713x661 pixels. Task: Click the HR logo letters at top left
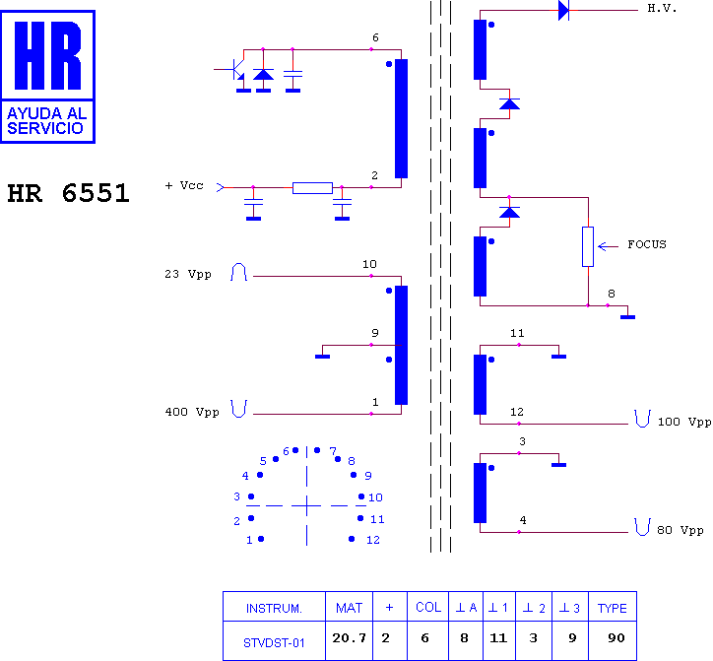(x=47, y=55)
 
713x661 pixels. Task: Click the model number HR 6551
(x=69, y=193)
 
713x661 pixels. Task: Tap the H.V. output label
(x=662, y=9)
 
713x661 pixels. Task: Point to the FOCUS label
(x=647, y=244)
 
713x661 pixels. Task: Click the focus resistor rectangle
(x=588, y=246)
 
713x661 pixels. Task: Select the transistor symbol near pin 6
(x=235, y=70)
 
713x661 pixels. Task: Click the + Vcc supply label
(x=184, y=185)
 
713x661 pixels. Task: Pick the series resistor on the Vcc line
(x=312, y=188)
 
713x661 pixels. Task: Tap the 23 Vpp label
(x=188, y=274)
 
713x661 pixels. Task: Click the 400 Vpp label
(x=192, y=412)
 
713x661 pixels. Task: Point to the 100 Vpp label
(x=684, y=422)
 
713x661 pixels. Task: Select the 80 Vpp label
(x=681, y=530)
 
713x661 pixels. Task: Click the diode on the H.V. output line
(x=564, y=10)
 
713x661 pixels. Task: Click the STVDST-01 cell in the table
(x=274, y=643)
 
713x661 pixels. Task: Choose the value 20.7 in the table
(x=350, y=637)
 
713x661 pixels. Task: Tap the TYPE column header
(x=612, y=608)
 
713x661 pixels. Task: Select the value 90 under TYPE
(x=616, y=637)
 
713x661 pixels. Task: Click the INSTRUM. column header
(x=274, y=608)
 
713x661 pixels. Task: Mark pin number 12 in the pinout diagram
(x=373, y=540)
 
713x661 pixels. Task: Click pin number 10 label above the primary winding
(x=369, y=264)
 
